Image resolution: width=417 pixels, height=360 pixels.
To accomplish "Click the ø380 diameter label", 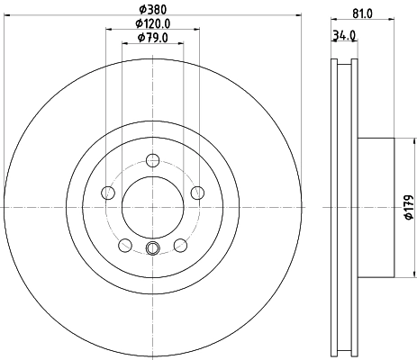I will click(x=152, y=11).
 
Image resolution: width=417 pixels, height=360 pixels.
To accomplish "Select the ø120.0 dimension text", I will click(x=153, y=23).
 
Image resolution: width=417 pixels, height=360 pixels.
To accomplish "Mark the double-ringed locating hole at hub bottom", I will click(x=152, y=248).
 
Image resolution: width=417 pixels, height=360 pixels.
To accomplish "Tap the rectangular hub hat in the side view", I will click(x=376, y=207).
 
